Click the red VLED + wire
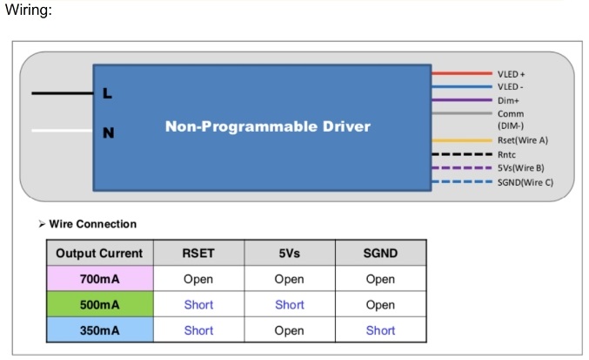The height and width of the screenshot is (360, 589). pos(462,73)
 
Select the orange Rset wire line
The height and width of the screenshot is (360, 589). pos(462,140)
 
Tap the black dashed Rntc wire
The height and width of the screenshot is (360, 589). pos(462,154)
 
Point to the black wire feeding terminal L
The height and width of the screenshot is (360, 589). pos(63,93)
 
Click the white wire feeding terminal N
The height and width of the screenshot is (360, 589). pos(63,131)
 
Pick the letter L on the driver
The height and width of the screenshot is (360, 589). pos(107,93)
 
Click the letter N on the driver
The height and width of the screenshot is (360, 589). pos(109,132)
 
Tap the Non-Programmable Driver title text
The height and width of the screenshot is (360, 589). pos(268,126)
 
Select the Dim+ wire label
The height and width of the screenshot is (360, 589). pos(508,100)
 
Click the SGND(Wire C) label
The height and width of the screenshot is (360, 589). pos(525,182)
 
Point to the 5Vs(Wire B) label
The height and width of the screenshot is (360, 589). pos(520,167)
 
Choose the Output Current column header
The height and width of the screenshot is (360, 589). pos(99,253)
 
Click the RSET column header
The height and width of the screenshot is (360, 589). pos(198,253)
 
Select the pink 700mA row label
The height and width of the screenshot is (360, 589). pos(99,279)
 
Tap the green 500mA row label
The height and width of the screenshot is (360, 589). pos(99,304)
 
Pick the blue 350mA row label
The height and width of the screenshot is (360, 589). pos(99,329)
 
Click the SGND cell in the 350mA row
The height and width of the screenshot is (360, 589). pos(380,330)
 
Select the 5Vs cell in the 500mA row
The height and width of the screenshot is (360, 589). pos(289,304)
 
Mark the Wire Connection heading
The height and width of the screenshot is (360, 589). pos(93,224)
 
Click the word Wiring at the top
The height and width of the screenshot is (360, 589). pos(28,10)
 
